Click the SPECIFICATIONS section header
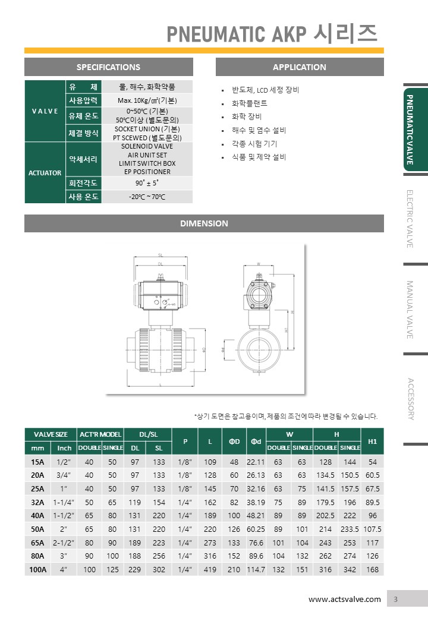108,67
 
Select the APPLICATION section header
299,67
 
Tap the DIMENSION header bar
204,223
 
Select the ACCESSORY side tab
410,398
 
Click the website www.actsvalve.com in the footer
344,599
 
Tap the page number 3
395,599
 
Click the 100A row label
37,569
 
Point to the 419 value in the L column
210,569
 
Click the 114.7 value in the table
256,569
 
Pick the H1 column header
373,442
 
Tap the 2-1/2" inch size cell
62,542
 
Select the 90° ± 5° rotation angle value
147,183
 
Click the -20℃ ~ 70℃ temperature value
147,197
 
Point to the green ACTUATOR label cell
45,173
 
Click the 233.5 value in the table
349,529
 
